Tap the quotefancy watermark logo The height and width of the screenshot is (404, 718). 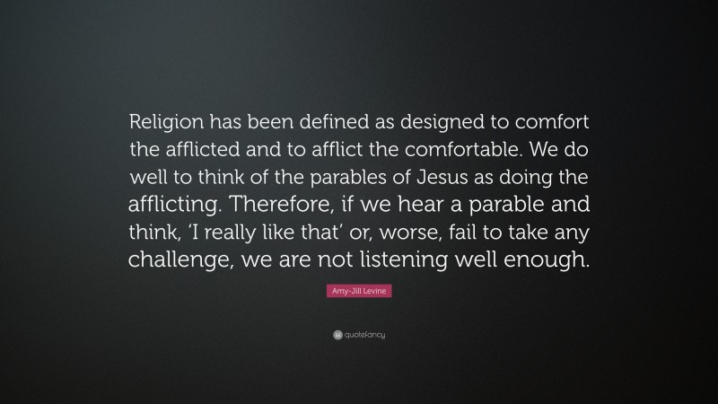pyautogui.click(x=359, y=335)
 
